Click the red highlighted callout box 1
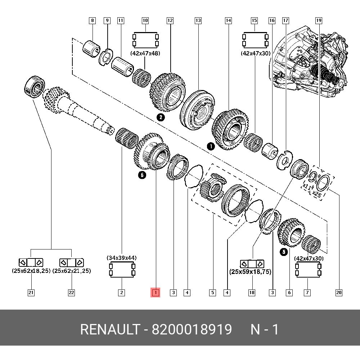click(x=156, y=293)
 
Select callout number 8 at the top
click(x=93, y=21)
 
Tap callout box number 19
click(x=319, y=21)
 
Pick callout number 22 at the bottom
click(x=71, y=293)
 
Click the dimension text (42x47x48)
click(x=145, y=53)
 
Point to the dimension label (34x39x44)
click(x=122, y=258)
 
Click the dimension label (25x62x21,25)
click(x=71, y=271)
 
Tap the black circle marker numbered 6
click(x=142, y=175)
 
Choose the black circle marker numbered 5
click(x=284, y=252)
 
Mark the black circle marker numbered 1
click(x=210, y=146)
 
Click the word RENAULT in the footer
click(x=109, y=329)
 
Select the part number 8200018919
click(x=192, y=329)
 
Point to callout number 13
click(x=198, y=21)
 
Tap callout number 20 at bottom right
click(x=339, y=293)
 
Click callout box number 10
click(x=145, y=21)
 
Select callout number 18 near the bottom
click(x=252, y=293)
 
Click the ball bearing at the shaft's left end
click(x=34, y=86)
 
